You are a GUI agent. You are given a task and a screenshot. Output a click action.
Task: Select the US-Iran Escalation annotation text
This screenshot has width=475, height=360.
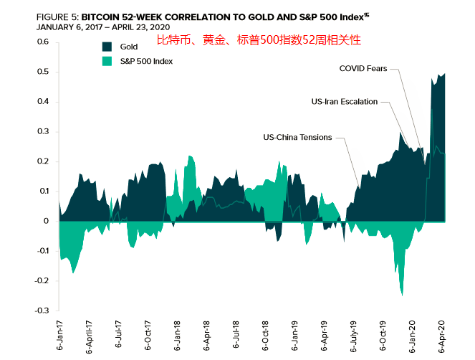coord(345,102)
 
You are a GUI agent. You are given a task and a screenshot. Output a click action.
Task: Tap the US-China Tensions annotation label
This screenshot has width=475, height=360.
coord(297,137)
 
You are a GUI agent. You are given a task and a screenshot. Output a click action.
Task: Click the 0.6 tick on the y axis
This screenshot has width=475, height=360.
coord(42,42)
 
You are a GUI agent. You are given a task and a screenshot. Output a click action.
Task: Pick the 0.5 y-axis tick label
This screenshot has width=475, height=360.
coord(42,72)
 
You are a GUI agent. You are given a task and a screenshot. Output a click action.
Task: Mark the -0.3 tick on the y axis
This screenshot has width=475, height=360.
coord(41,311)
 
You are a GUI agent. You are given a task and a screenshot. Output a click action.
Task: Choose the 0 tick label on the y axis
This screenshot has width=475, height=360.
coord(46,222)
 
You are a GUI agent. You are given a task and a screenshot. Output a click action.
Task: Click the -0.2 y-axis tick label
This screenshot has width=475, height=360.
coord(41,281)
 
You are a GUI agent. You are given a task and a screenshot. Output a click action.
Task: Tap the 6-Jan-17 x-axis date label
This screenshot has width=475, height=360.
coord(59,336)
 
